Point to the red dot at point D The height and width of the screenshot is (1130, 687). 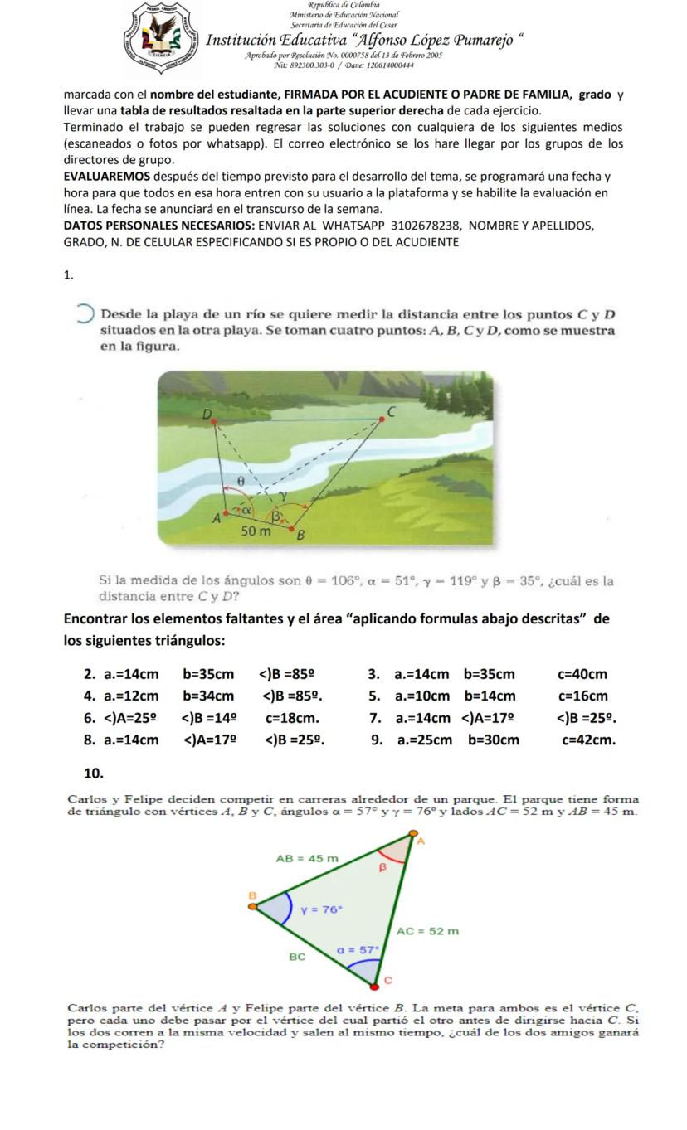pos(215,421)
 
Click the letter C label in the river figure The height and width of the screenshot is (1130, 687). pos(392,410)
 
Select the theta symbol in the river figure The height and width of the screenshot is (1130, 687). pos(241,479)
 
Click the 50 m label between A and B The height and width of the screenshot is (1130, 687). pos(256,531)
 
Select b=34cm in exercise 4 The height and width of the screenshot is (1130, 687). pos(208,696)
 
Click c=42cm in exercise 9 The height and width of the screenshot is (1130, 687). pos(588,740)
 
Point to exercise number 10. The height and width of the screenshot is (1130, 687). pos(94,774)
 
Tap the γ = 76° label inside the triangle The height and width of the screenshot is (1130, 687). pos(322,909)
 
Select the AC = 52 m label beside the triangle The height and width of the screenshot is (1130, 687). pos(427,931)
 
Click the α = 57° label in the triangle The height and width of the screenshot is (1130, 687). pos(358,946)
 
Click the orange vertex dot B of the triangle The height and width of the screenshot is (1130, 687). pos(253,905)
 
